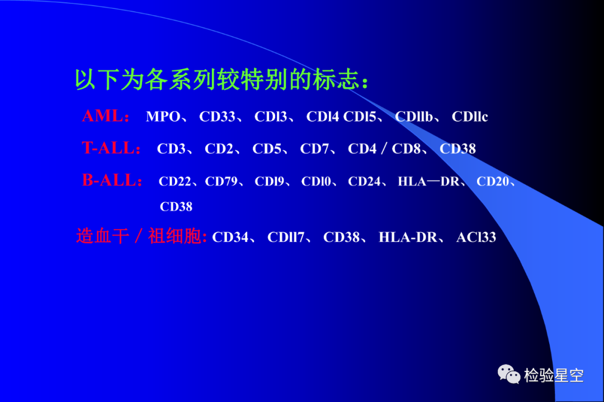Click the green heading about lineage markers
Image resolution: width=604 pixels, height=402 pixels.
coord(221,79)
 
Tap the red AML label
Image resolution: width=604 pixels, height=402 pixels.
coord(105,116)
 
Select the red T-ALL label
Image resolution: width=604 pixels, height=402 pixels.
coord(111,148)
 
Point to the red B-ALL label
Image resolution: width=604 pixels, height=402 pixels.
coord(112,180)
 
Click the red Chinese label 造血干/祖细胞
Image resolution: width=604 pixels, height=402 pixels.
coord(141,236)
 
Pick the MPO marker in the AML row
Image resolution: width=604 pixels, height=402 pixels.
coord(163,117)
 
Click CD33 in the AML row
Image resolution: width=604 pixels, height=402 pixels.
coord(217,117)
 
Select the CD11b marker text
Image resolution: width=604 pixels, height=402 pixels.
coord(414,117)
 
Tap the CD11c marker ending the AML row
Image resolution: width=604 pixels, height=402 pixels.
coord(470,117)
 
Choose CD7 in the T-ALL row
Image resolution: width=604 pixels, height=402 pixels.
coord(314,149)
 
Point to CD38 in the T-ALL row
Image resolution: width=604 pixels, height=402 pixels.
coord(457,149)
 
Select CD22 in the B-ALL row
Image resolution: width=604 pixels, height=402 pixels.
coord(175,181)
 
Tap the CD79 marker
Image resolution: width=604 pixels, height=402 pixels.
coord(221,181)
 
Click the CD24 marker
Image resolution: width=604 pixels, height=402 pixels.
coord(364,181)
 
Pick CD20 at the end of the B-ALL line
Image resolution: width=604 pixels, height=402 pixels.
coord(493,181)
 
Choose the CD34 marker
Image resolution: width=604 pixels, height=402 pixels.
coord(230,237)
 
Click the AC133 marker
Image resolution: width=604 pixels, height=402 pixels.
coord(476,237)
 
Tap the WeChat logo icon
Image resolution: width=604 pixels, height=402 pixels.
coord(509,374)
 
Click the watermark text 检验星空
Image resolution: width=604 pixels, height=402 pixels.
coord(554,375)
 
